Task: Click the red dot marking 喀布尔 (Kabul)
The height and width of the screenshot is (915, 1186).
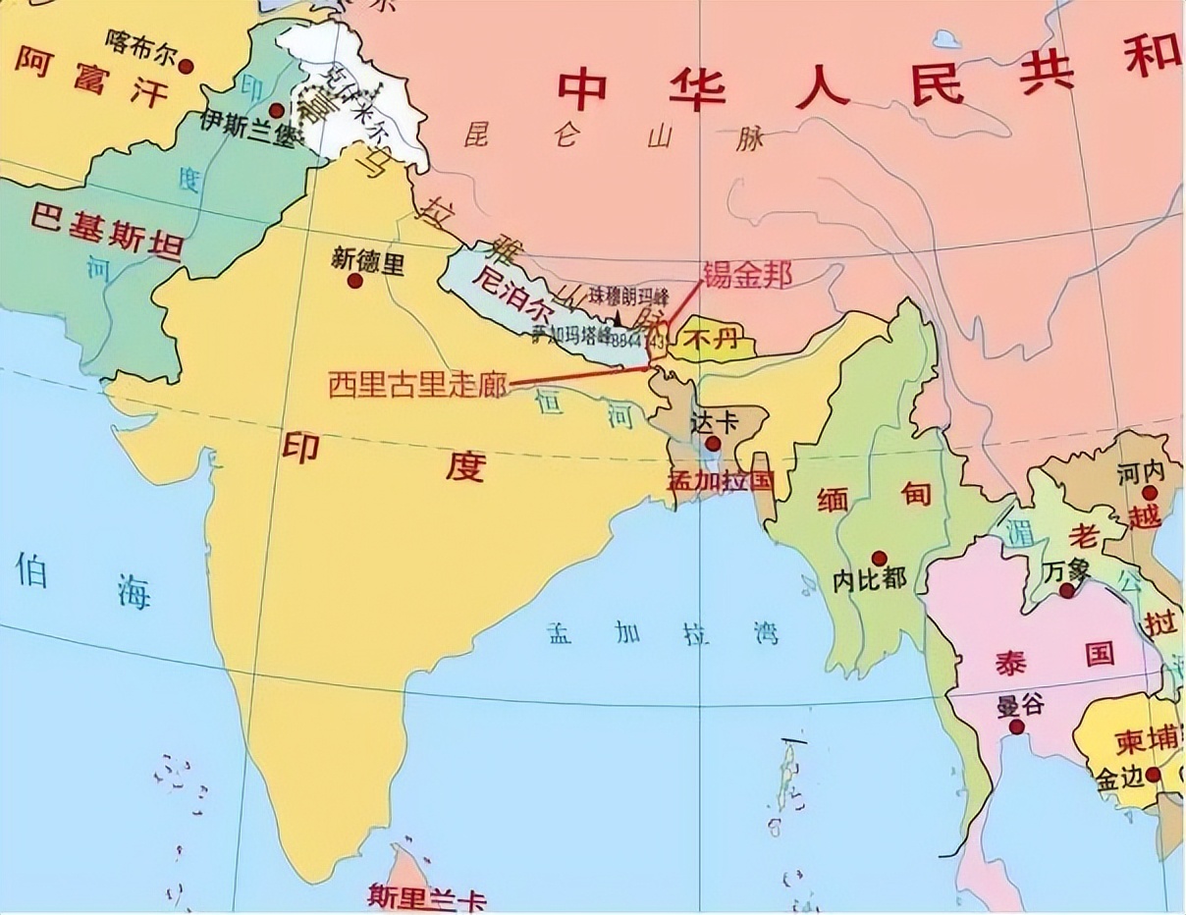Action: [186, 66]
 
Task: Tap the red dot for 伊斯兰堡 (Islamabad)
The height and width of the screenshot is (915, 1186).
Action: [277, 110]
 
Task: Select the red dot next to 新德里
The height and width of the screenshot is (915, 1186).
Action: [354, 281]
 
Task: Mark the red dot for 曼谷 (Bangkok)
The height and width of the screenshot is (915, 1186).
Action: [1016, 727]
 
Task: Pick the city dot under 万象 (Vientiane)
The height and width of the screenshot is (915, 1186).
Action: [1066, 590]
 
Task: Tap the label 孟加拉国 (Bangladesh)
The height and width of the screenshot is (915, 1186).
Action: [722, 481]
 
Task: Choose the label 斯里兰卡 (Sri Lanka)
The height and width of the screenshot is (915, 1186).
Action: [426, 895]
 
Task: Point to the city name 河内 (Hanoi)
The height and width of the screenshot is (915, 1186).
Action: [1140, 472]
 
